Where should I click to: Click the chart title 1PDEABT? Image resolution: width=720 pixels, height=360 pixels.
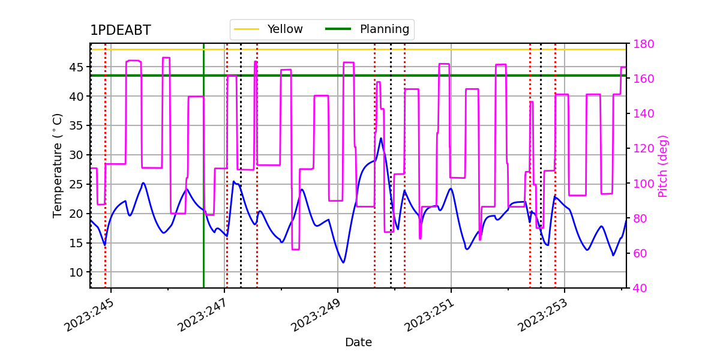coord(121,30)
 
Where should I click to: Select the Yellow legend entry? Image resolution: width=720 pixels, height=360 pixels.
coord(268,29)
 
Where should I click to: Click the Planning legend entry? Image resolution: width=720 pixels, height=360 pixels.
coord(367,29)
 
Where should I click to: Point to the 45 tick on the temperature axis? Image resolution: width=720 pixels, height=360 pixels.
coord(76,67)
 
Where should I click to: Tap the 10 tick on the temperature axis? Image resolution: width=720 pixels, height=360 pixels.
coord(76,272)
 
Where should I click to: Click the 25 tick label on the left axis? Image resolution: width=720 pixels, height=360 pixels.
coord(76,185)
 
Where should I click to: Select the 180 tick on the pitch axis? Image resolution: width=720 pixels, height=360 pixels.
coord(643,44)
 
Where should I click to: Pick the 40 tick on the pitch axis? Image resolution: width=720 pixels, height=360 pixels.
coord(640,288)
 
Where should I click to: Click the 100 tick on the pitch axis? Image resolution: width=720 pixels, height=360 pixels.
coord(643,184)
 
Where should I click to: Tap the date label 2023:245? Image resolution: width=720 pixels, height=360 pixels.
coord(89,316)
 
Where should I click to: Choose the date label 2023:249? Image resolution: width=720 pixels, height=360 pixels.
coord(316,316)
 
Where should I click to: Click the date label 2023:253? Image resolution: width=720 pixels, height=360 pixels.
coord(542,316)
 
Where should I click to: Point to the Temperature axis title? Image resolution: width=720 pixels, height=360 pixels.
coord(57,166)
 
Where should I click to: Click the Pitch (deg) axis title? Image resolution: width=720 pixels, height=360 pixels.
coord(663,166)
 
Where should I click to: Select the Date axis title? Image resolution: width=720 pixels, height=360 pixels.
coord(358,343)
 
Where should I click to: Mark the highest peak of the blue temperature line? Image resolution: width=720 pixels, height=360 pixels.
coord(381,139)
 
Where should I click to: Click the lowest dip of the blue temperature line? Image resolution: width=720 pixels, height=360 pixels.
coord(344,263)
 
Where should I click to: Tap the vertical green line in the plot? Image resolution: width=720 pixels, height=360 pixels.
coord(204,166)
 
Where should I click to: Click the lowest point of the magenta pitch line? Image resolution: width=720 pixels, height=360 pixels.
coord(296,249)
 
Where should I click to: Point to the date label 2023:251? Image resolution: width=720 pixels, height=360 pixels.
coord(429,316)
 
